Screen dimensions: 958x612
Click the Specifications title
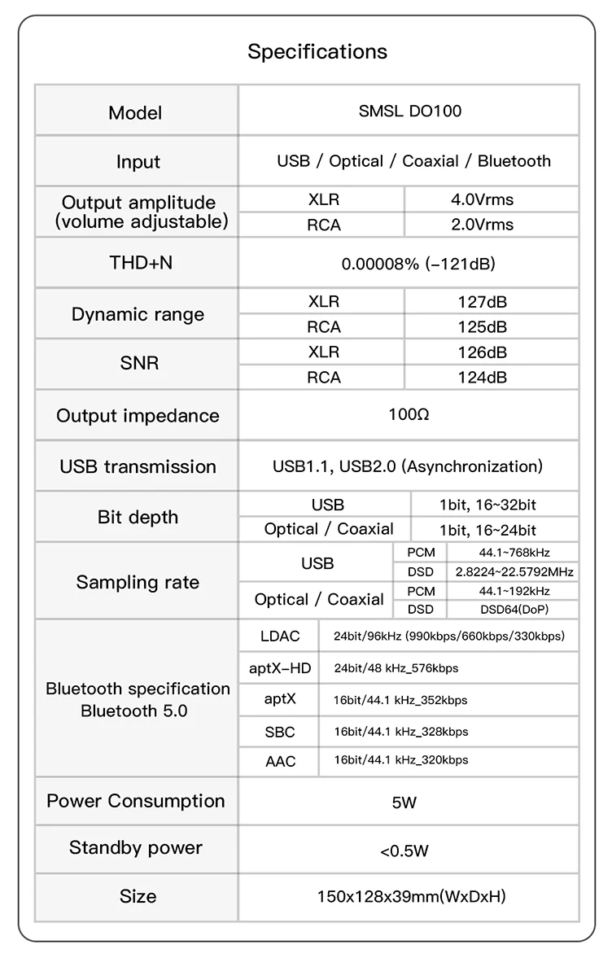coord(317,52)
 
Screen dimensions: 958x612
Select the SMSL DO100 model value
coord(409,112)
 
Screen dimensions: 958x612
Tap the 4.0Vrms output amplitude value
coord(483,199)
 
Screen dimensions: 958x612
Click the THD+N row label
coord(136,262)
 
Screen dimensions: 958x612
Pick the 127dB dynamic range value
coord(483,302)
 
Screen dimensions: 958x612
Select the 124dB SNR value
coord(483,378)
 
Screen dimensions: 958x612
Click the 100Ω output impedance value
coord(409,414)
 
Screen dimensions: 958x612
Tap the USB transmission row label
coord(138,466)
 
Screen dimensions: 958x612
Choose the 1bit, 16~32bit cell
coord(487,505)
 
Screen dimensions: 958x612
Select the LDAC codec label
coord(280,636)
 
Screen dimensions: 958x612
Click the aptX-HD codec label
coord(280,668)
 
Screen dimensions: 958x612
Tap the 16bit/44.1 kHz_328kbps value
coord(400,732)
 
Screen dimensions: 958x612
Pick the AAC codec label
coord(280,761)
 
